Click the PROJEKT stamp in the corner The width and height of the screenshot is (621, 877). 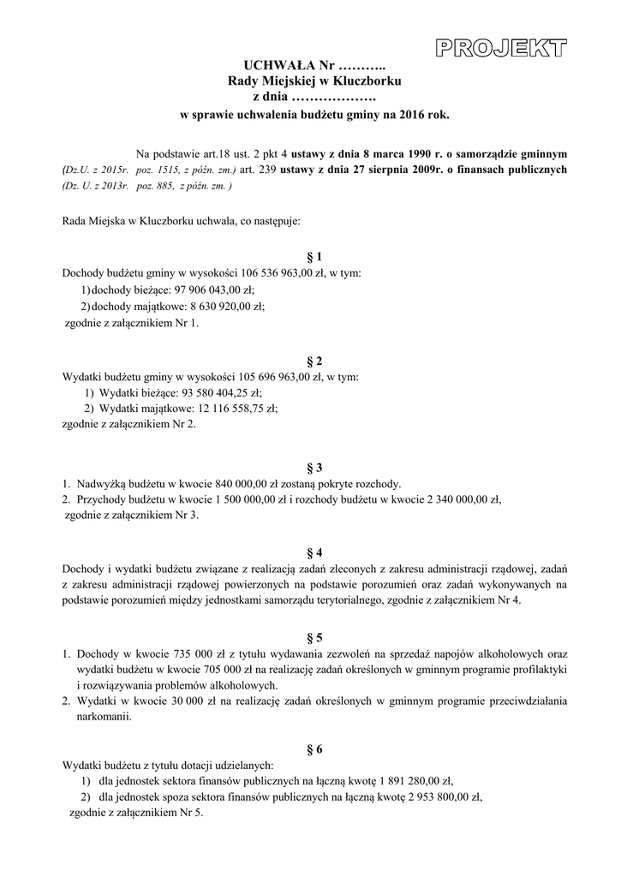pyautogui.click(x=502, y=48)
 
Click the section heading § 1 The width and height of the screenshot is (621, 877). pyautogui.click(x=313, y=257)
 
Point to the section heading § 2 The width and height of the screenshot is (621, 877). pyautogui.click(x=313, y=361)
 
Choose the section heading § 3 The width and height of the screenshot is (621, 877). pyautogui.click(x=313, y=467)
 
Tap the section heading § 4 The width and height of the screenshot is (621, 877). pyautogui.click(x=313, y=552)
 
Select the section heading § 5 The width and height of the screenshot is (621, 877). pyautogui.click(x=313, y=637)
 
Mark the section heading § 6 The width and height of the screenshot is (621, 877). pyautogui.click(x=313, y=749)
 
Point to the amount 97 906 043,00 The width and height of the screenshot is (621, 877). pyautogui.click(x=204, y=290)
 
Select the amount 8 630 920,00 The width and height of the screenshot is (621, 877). pyautogui.click(x=214, y=307)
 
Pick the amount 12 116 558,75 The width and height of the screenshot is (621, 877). pyautogui.click(x=224, y=409)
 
